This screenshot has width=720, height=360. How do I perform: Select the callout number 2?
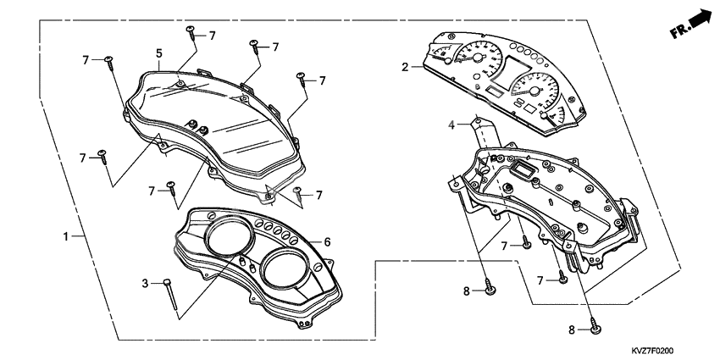406,66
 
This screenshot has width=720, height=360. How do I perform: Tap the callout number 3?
145,283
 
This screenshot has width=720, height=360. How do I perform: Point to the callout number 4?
452,125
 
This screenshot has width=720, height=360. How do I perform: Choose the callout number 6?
327,242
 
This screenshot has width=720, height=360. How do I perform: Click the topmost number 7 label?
212,36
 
